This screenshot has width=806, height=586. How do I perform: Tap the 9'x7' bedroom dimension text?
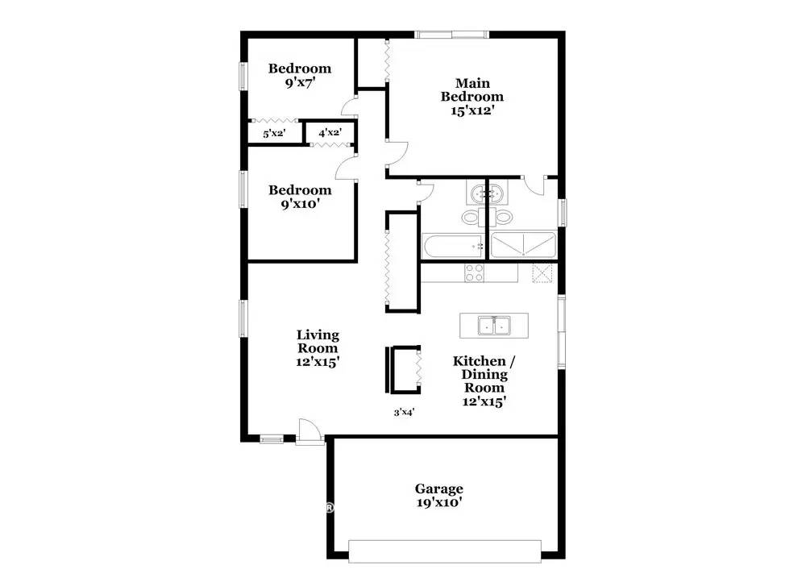pos(300,82)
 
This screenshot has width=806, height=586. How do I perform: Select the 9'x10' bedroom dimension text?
pos(300,205)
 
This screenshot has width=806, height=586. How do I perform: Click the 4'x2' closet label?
pos(330,133)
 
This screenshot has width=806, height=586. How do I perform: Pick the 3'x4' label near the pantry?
pos(404,412)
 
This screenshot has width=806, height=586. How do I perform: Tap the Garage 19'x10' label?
pos(438,495)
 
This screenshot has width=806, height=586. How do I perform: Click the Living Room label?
pos(318,348)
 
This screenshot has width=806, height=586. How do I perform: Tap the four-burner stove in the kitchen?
pos(474,273)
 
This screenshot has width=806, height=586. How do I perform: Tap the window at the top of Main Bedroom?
pos(451,34)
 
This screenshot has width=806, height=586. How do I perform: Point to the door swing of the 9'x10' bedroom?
pos(346,167)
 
